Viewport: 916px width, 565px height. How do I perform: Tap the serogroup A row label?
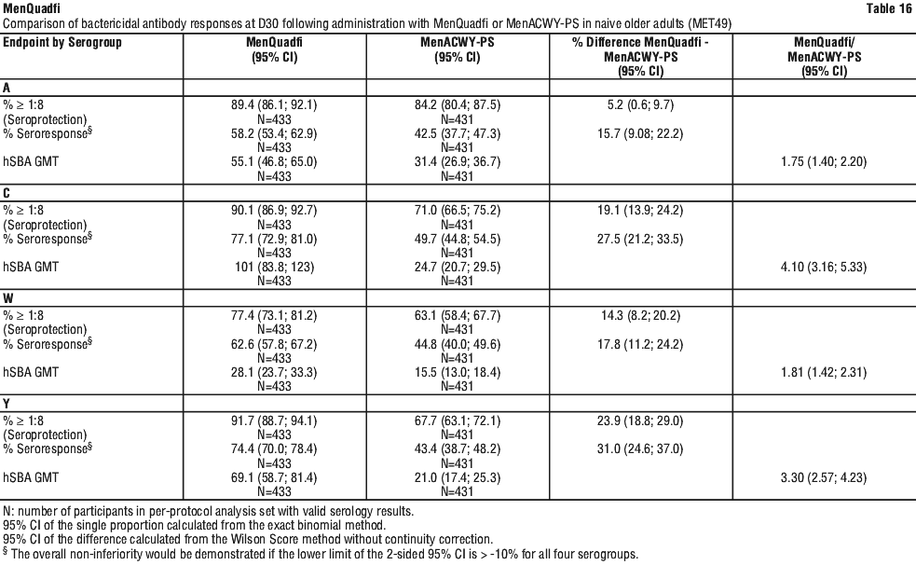(x=7, y=87)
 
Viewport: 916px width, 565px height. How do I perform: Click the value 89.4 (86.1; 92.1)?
(x=274, y=108)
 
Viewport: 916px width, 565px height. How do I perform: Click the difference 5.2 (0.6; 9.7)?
(x=643, y=108)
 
